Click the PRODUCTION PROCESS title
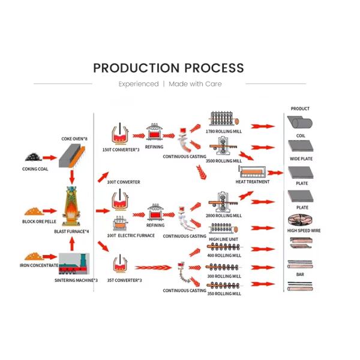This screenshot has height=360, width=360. [x=168, y=68]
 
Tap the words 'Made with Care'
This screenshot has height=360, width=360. [x=195, y=84]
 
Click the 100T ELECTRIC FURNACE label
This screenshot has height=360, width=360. [x=131, y=236]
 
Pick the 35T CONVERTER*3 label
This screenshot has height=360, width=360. [x=124, y=280]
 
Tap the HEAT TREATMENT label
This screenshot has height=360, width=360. [x=253, y=182]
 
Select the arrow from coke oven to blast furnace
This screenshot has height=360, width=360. [x=73, y=175]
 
